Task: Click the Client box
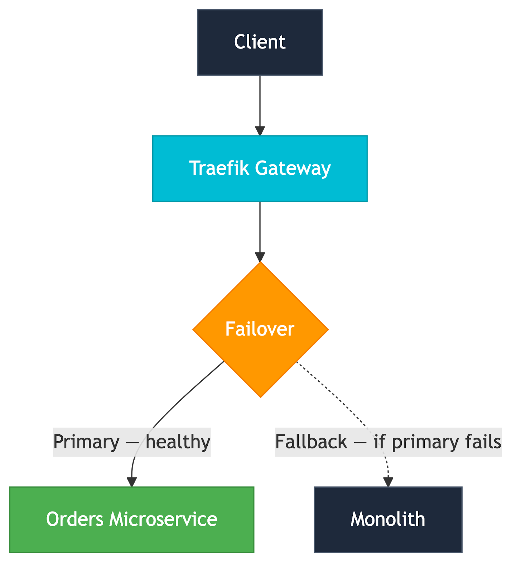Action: pyautogui.click(x=260, y=42)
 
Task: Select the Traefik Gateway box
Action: pyautogui.click(x=260, y=168)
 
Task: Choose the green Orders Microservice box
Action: pyautogui.click(x=131, y=519)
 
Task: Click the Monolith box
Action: pyautogui.click(x=388, y=519)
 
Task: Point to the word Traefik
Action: pyautogui.click(x=218, y=168)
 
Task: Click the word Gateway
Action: pyautogui.click(x=293, y=168)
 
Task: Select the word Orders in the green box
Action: pyautogui.click(x=75, y=519)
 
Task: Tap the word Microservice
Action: pyautogui.click(x=163, y=519)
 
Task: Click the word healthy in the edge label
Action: pyautogui.click(x=178, y=442)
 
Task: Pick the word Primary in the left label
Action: pyautogui.click(x=86, y=442)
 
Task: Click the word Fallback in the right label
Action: pyautogui.click(x=311, y=442)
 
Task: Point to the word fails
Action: pyautogui.click(x=483, y=442)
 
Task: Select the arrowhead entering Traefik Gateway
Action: pyautogui.click(x=260, y=131)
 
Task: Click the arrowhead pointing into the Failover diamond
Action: pyautogui.click(x=260, y=257)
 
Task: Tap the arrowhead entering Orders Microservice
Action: pyautogui.click(x=132, y=482)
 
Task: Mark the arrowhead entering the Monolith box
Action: pyautogui.click(x=388, y=482)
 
